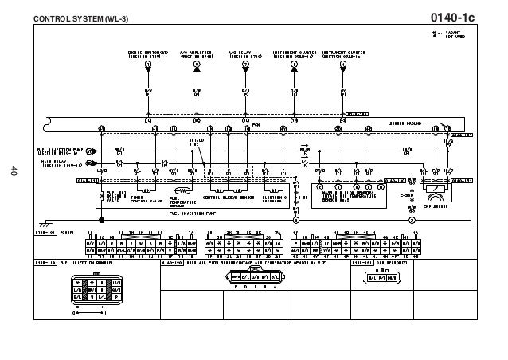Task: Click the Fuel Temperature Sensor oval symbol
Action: (x=182, y=191)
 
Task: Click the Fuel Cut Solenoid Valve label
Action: (x=116, y=197)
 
